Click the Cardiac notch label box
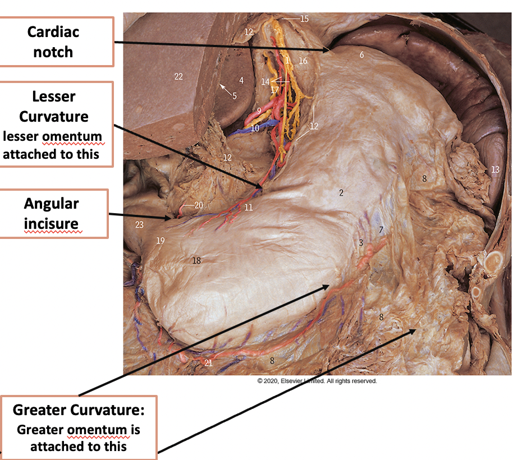(x=57, y=42)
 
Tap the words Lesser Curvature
(x=54, y=107)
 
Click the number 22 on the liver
(x=178, y=77)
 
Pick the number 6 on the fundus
(x=362, y=55)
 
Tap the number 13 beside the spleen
(x=494, y=169)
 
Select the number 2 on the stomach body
(x=340, y=193)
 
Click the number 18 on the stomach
(x=196, y=260)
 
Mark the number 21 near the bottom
(x=208, y=363)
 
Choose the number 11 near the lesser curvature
(x=249, y=208)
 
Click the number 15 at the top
(x=304, y=19)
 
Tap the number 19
(x=161, y=241)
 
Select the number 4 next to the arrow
(x=241, y=80)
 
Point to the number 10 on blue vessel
(x=255, y=128)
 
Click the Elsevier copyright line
(x=317, y=381)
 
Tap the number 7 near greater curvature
(x=381, y=230)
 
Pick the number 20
(x=199, y=205)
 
